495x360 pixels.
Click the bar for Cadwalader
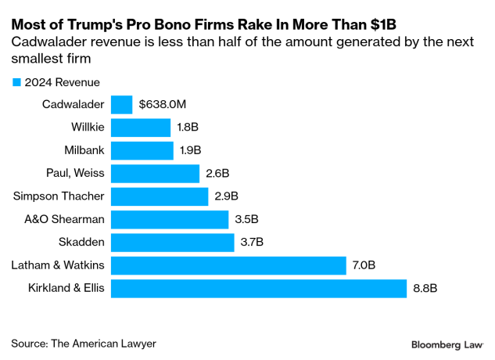[122, 105]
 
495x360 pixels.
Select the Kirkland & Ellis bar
[259, 289]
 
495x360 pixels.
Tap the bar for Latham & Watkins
[228, 266]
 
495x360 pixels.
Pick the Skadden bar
[173, 243]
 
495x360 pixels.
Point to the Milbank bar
[142, 150]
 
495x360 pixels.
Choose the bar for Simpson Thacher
[160, 196]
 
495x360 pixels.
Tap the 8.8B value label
[425, 289]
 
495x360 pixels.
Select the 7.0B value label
[364, 266]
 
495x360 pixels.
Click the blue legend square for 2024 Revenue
[16, 82]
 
